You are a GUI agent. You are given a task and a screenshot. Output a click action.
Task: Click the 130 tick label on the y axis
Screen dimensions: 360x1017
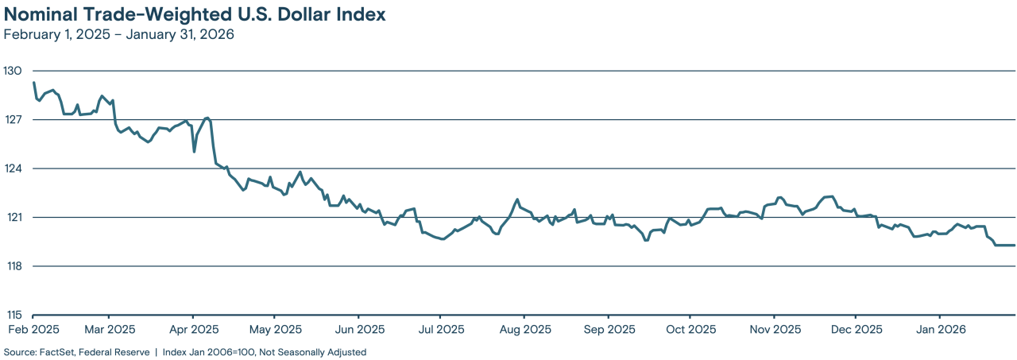tap(13, 71)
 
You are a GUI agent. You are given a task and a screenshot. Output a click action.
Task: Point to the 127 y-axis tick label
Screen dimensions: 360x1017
tap(13, 120)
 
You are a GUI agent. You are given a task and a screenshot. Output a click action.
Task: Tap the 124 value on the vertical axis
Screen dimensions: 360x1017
tap(13, 168)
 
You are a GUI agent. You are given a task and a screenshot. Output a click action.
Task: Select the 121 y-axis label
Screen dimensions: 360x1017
tap(13, 217)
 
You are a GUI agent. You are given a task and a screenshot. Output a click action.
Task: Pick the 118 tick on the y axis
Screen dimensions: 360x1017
tap(13, 266)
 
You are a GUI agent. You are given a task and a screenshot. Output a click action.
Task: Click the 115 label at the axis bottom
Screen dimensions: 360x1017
tap(13, 315)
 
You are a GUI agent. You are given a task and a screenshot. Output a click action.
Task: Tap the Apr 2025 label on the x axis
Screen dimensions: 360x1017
tap(194, 329)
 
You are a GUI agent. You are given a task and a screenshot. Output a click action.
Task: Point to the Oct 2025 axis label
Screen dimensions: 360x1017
tap(690, 329)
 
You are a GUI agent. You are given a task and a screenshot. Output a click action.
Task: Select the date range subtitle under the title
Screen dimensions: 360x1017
tap(119, 35)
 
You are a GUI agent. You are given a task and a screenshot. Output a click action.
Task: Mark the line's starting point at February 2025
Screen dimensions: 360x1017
tap(33, 83)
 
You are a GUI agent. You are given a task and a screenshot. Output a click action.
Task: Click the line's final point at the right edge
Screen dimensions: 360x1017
tap(1015, 245)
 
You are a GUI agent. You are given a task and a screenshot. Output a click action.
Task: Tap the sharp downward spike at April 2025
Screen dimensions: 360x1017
tap(195, 151)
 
